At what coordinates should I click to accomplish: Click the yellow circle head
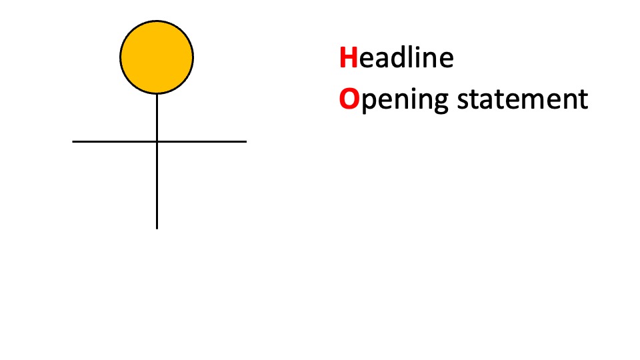click(x=157, y=57)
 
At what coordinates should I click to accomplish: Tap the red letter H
click(x=349, y=57)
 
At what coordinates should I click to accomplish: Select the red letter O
click(x=349, y=99)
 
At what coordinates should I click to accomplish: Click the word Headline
click(x=396, y=57)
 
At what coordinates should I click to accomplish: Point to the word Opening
click(x=394, y=100)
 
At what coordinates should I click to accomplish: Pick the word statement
click(x=523, y=99)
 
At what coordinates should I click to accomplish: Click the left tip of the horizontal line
click(x=73, y=141)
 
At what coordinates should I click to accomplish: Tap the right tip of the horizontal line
click(x=247, y=141)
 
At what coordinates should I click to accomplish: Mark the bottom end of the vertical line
click(x=157, y=229)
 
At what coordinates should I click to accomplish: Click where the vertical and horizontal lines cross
click(x=157, y=141)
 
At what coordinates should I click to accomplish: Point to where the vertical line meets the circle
click(x=157, y=94)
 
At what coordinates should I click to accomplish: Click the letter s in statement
click(x=463, y=101)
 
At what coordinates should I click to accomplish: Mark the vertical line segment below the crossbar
click(x=157, y=186)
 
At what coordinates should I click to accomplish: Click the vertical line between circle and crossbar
click(x=157, y=117)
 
